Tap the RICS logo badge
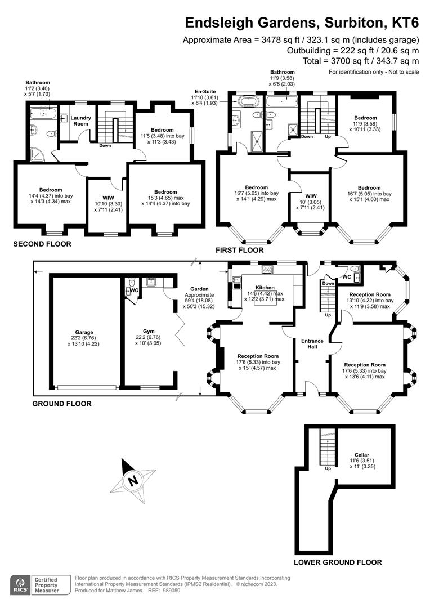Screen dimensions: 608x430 (21, 585)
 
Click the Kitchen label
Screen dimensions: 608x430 (264, 287)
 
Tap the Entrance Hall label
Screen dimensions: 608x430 (312, 344)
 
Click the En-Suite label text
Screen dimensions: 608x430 (205, 91)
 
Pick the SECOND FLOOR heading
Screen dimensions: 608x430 (43, 244)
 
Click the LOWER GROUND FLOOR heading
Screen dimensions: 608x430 (338, 562)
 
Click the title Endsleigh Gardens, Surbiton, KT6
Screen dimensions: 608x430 (302, 23)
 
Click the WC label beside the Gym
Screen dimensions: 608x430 (134, 290)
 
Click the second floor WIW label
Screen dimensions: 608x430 (108, 198)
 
